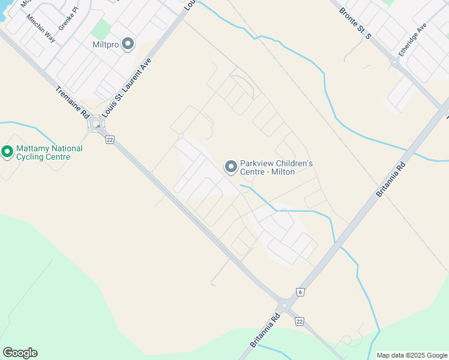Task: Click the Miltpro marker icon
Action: pyautogui.click(x=128, y=44)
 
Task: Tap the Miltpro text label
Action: pyautogui.click(x=106, y=44)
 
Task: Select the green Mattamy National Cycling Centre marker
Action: pyautogui.click(x=7, y=152)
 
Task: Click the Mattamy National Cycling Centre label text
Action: pyautogui.click(x=49, y=152)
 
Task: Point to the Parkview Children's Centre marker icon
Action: pyautogui.click(x=231, y=167)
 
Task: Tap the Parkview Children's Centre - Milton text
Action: pyautogui.click(x=277, y=167)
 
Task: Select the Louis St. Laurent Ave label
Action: pyautogui.click(x=127, y=88)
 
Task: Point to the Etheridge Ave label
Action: pyautogui.click(x=412, y=37)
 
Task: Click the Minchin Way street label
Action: pyautogui.click(x=41, y=28)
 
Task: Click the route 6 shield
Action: pyautogui.click(x=299, y=292)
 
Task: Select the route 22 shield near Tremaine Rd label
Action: pyautogui.click(x=109, y=140)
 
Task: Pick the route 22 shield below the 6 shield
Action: pyautogui.click(x=299, y=322)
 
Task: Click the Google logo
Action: pyautogui.click(x=20, y=353)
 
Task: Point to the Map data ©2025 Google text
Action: pyautogui.click(x=412, y=355)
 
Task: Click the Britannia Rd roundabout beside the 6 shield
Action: pyautogui.click(x=285, y=307)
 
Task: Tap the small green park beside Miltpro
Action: pyautogui.click(x=102, y=28)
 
